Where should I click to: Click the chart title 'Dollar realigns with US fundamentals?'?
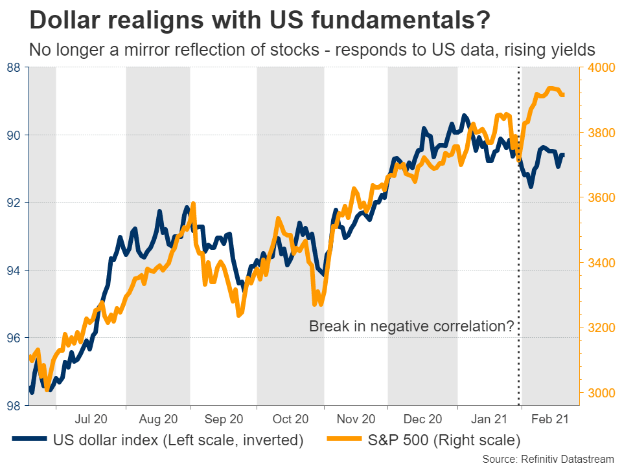[x=259, y=20]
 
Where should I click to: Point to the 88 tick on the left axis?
[x=14, y=67]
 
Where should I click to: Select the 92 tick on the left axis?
[x=14, y=203]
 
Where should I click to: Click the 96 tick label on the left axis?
[x=14, y=338]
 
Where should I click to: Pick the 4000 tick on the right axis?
[x=599, y=67]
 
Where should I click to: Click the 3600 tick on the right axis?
[x=599, y=197]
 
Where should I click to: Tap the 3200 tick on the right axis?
[x=599, y=327]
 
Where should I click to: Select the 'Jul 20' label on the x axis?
[x=91, y=419]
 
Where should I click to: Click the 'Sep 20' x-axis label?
[x=224, y=419]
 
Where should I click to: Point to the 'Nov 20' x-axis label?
[x=355, y=419]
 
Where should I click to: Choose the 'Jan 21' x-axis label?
[x=489, y=419]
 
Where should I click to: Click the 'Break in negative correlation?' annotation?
[x=411, y=327]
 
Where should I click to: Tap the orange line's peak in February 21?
[x=551, y=89]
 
